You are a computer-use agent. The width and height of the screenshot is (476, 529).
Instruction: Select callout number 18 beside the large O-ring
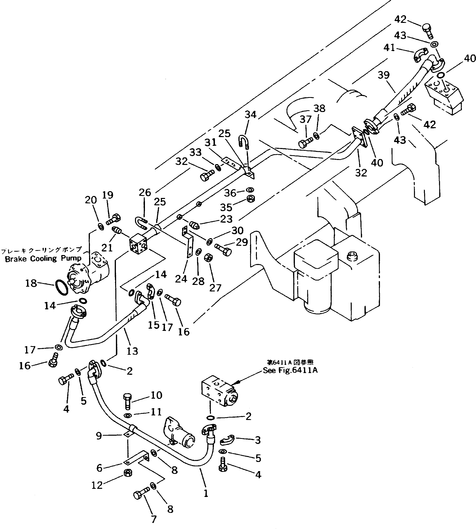31,283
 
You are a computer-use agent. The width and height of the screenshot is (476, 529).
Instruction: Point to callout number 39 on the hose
384,75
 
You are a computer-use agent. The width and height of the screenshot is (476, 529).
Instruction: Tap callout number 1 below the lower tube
206,493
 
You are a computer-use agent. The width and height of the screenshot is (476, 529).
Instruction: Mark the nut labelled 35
251,199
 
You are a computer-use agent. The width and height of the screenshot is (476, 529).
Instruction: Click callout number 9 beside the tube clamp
99,436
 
